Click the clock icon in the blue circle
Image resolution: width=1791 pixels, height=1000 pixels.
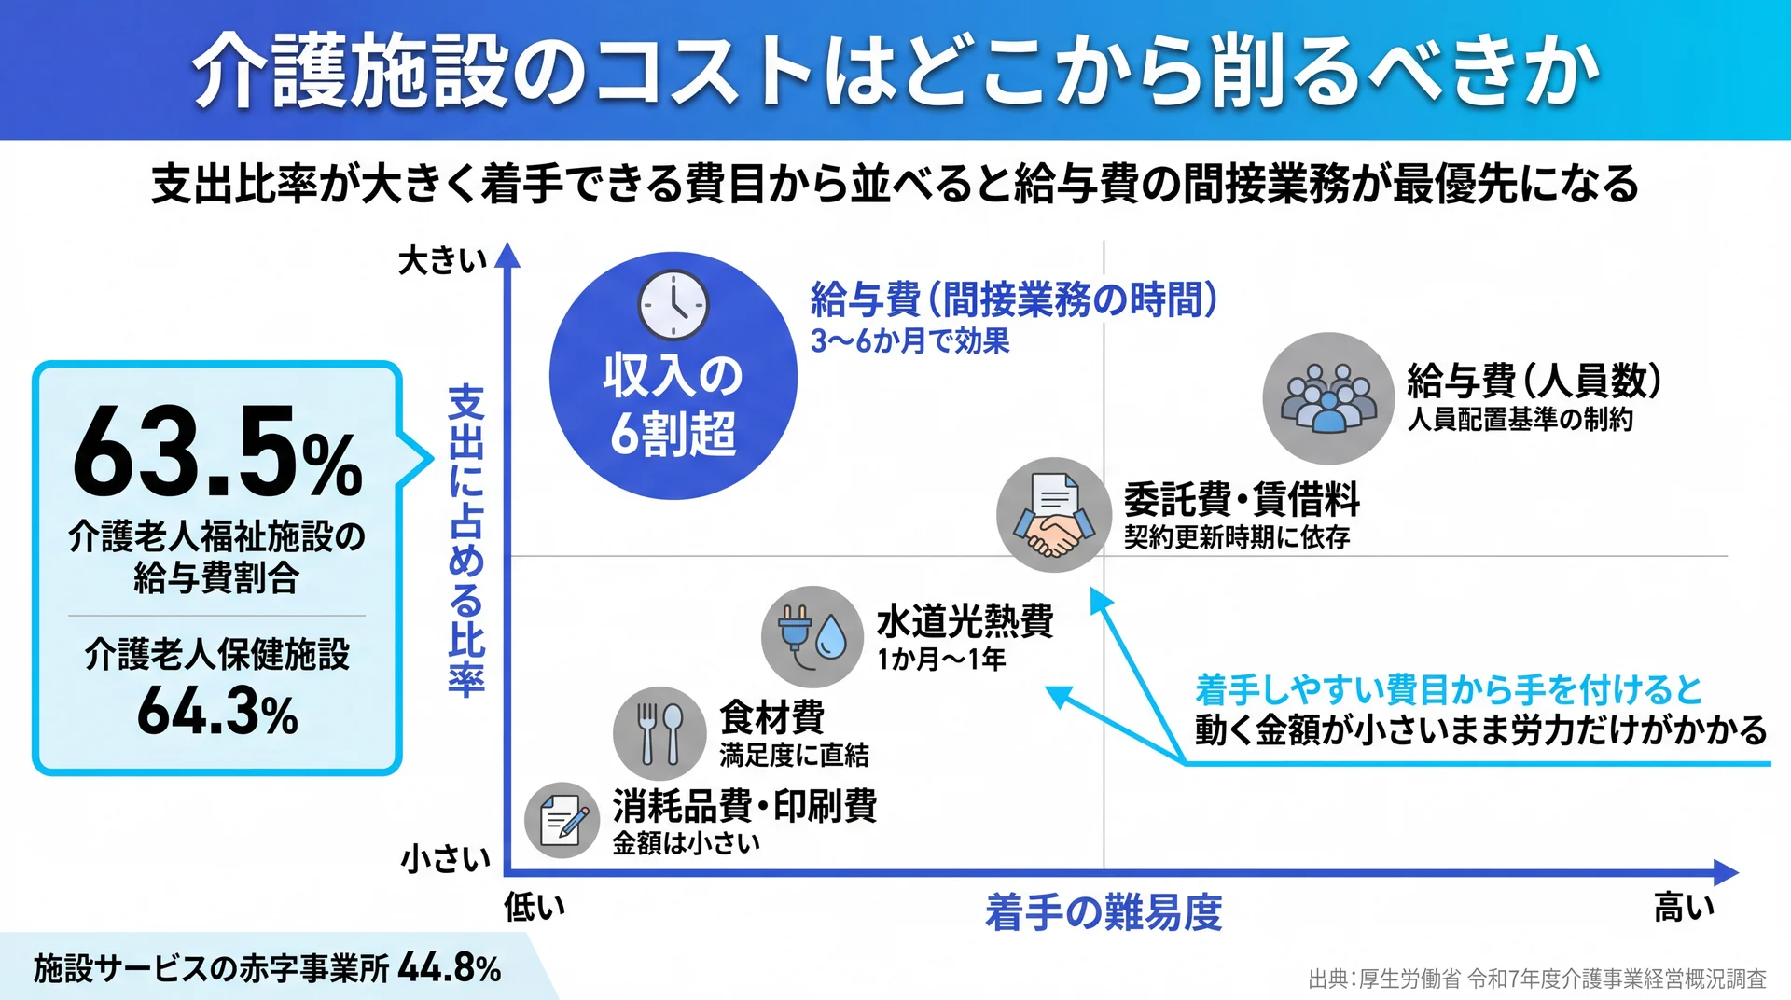click(x=673, y=305)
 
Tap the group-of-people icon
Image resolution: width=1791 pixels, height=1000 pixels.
click(x=1328, y=398)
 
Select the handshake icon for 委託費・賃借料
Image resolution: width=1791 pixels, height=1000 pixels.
click(x=1054, y=515)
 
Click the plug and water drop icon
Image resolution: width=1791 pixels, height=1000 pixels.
click(x=812, y=637)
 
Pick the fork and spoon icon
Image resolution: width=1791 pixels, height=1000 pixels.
click(x=659, y=733)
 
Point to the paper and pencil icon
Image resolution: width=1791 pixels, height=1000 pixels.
click(x=562, y=820)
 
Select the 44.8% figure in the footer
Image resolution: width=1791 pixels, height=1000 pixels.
click(x=450, y=968)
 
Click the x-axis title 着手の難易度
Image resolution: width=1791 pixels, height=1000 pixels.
click(x=1104, y=911)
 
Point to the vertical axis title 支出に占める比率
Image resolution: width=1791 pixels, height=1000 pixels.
click(x=466, y=540)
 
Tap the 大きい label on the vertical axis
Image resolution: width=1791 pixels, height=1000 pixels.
click(x=443, y=261)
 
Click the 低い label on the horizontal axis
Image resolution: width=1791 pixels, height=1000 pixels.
click(x=535, y=907)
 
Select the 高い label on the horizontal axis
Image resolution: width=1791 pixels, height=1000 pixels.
click(x=1684, y=907)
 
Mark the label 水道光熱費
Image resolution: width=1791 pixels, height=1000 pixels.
click(x=965, y=621)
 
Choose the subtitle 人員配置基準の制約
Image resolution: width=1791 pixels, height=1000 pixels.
click(x=1520, y=420)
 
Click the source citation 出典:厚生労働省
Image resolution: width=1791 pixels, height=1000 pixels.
click(x=1384, y=979)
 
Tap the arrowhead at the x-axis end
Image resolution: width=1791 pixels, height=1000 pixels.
click(x=1726, y=873)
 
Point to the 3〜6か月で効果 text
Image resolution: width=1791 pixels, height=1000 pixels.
click(x=910, y=341)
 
